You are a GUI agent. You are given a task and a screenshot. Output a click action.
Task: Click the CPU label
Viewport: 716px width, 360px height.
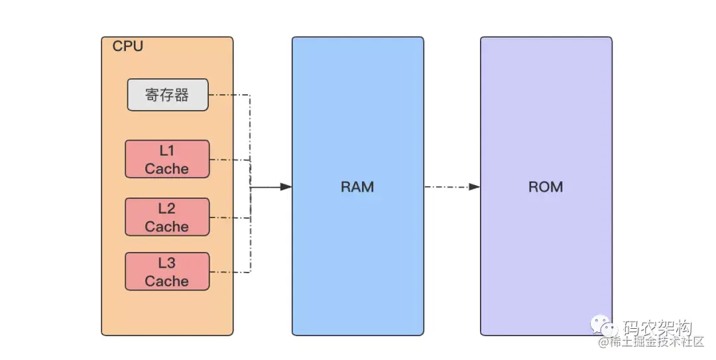click(127, 46)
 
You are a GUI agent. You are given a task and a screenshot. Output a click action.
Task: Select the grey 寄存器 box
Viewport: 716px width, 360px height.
click(168, 95)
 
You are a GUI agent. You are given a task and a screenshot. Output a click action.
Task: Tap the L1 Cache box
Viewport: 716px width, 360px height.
click(167, 159)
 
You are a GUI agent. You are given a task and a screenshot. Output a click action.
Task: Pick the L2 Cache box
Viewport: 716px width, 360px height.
click(167, 217)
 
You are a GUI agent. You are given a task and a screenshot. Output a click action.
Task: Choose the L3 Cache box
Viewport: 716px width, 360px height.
click(167, 271)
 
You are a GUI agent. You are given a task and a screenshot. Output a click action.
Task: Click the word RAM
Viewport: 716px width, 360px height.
click(357, 187)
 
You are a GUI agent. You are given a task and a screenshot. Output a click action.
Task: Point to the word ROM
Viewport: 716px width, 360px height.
click(546, 187)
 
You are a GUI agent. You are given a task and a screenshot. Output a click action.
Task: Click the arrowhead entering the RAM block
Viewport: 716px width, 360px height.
click(286, 188)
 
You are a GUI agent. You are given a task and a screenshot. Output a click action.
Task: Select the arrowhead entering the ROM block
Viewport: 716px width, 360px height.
click(474, 187)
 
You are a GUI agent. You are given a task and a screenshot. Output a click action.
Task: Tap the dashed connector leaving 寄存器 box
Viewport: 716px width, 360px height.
click(229, 95)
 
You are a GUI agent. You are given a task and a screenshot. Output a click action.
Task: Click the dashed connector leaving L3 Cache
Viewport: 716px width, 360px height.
click(229, 272)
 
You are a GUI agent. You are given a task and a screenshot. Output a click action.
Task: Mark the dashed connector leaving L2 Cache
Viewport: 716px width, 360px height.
click(229, 217)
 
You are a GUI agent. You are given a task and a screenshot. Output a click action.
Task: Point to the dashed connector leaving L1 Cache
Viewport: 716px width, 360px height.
click(229, 160)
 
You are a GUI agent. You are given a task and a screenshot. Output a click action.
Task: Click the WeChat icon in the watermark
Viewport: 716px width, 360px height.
click(604, 328)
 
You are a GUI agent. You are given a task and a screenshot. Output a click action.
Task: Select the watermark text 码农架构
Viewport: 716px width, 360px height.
click(656, 328)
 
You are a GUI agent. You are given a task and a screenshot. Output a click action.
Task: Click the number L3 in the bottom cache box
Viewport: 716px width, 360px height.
click(167, 263)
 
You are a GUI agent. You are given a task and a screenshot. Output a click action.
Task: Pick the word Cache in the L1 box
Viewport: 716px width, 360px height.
click(167, 168)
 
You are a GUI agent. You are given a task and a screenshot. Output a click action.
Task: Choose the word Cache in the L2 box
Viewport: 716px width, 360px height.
click(167, 226)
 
